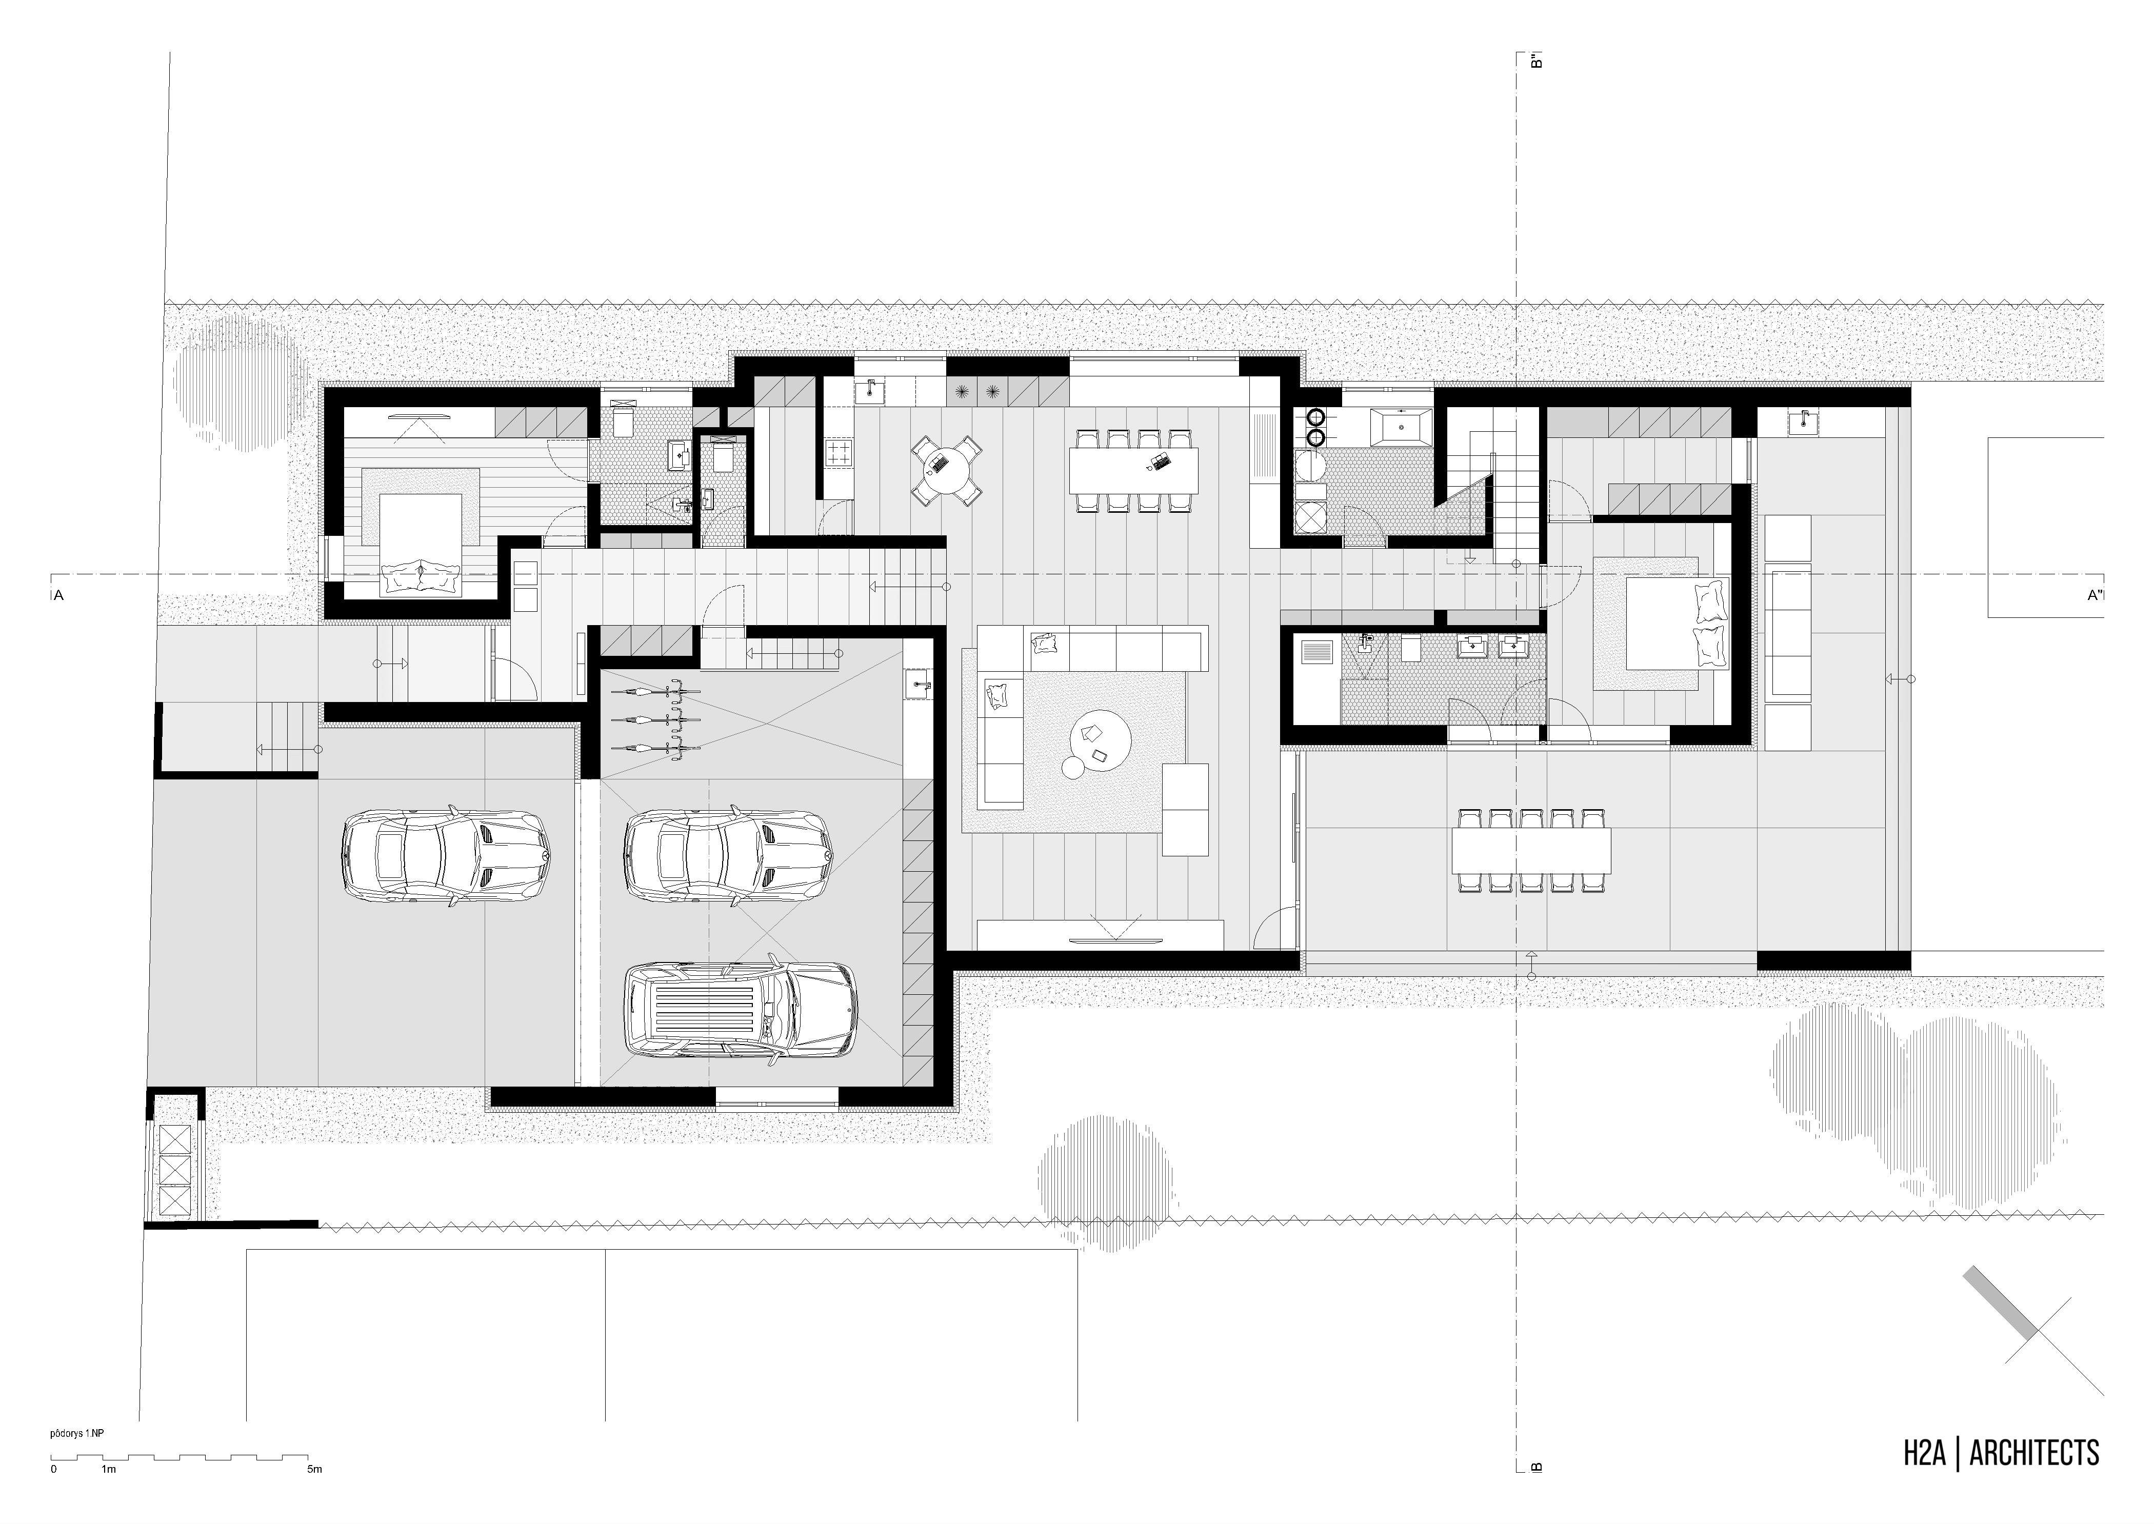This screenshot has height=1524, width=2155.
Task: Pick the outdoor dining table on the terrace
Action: coord(1531,849)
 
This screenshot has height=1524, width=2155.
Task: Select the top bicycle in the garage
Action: coord(657,692)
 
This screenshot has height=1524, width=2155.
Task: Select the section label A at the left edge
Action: coord(58,595)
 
